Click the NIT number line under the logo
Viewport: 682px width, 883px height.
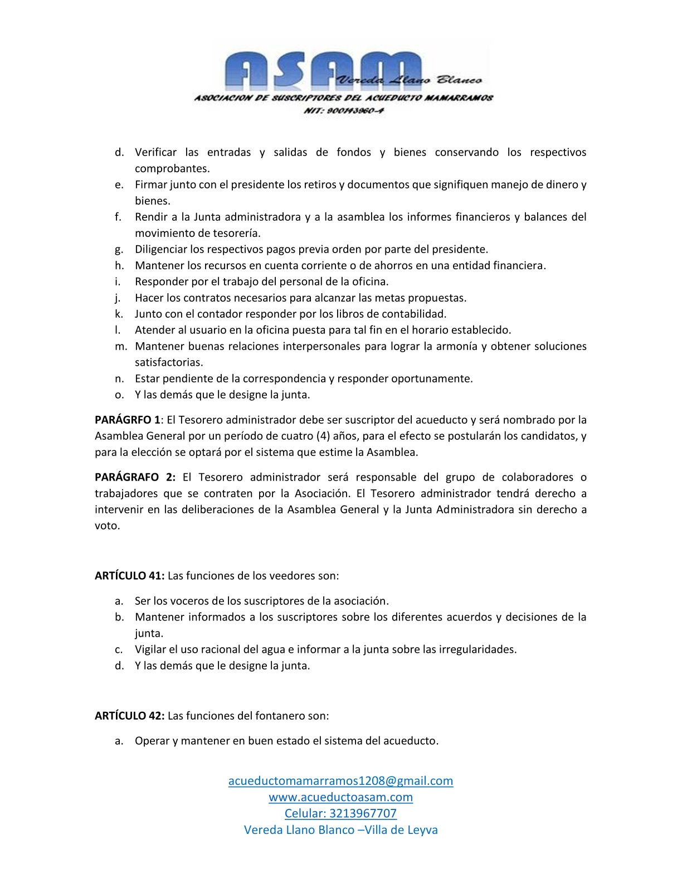[343, 110]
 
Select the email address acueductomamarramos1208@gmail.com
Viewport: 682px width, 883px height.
[340, 780]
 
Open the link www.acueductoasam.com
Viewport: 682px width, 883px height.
[340, 797]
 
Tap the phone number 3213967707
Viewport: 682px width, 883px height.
[363, 813]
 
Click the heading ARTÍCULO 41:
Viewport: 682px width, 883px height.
[129, 576]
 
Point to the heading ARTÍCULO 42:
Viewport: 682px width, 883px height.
[129, 716]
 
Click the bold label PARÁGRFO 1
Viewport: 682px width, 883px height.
[128, 420]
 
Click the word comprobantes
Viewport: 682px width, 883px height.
[172, 168]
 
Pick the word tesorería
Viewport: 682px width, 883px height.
[236, 233]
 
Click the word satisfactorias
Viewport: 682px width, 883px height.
[168, 362]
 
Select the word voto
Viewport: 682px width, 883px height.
[106, 526]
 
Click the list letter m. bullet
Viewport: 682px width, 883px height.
[120, 346]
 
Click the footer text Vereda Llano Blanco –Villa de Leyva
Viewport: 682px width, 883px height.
[340, 829]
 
